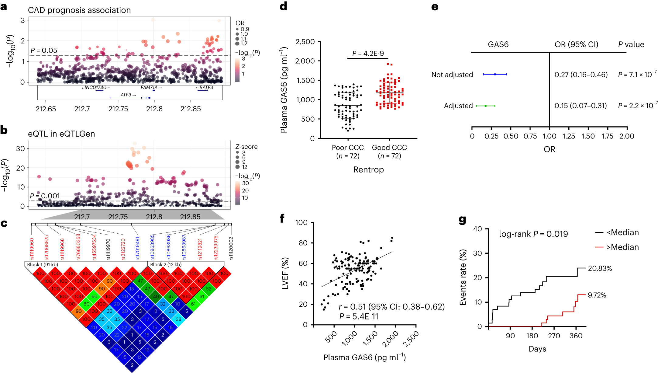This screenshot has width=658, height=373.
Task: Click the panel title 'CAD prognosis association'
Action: [x=79, y=10]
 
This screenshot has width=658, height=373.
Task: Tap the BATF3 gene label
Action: [x=206, y=88]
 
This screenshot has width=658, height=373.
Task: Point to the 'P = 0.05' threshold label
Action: [x=44, y=51]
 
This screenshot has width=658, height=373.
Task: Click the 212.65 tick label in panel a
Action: [x=46, y=109]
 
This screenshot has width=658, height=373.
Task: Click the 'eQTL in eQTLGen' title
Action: [x=61, y=134]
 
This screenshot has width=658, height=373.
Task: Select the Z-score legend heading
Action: [x=246, y=147]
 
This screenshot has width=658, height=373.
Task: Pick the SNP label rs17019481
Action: [x=137, y=248]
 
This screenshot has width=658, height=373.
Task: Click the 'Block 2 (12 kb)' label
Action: [x=166, y=264]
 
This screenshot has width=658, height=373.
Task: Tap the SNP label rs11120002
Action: [x=231, y=249]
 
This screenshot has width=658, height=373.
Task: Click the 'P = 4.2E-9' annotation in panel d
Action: [x=368, y=54]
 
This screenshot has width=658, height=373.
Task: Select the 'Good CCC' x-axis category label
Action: [x=389, y=148]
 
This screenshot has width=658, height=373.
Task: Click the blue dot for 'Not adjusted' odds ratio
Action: [x=495, y=74]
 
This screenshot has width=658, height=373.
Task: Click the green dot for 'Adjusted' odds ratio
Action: [x=485, y=106]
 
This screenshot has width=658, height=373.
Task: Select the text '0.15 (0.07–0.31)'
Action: [x=580, y=106]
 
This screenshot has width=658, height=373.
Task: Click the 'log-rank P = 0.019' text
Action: [x=533, y=234]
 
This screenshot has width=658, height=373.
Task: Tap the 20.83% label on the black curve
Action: [x=600, y=268]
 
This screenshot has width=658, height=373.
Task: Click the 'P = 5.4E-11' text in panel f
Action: [x=359, y=317]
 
